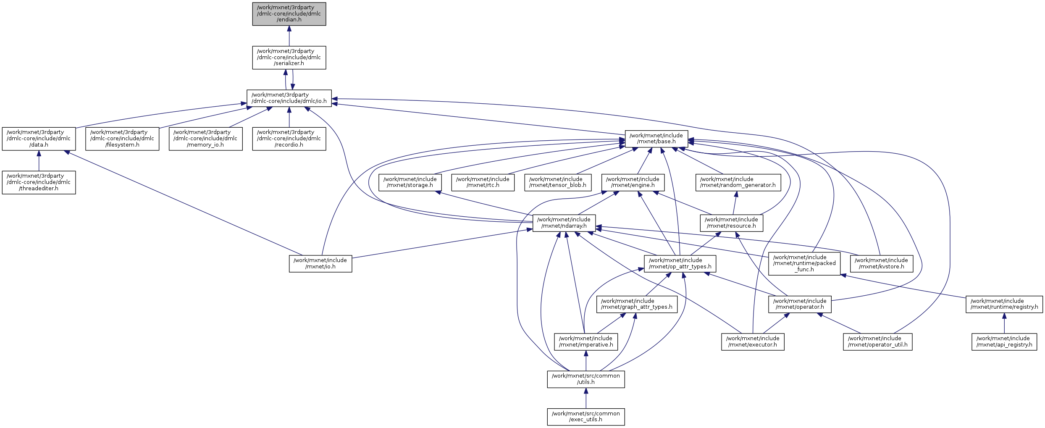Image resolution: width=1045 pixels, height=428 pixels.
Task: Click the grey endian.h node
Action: click(x=289, y=14)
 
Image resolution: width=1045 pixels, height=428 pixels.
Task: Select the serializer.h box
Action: click(x=289, y=58)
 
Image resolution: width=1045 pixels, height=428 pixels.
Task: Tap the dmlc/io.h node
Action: click(x=289, y=98)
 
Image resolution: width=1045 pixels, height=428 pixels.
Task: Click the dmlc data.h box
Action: click(x=39, y=139)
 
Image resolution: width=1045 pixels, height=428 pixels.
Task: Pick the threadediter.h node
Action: click(x=39, y=182)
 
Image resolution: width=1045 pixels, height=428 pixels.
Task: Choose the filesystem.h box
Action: click(x=122, y=139)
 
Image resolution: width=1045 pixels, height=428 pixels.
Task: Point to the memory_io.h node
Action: click(x=205, y=139)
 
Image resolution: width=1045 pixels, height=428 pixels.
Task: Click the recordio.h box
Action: click(x=289, y=139)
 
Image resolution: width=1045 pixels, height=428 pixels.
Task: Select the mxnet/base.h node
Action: click(x=656, y=139)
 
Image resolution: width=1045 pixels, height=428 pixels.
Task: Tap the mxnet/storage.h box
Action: click(x=410, y=182)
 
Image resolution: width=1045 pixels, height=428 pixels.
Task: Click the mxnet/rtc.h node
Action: click(x=483, y=182)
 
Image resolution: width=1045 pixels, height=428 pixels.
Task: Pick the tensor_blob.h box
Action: click(x=557, y=182)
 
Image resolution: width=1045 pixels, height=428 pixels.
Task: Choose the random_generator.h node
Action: click(x=738, y=182)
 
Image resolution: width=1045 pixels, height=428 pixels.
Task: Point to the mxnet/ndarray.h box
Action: click(x=564, y=223)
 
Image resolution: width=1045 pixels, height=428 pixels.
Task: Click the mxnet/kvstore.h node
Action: click(x=881, y=263)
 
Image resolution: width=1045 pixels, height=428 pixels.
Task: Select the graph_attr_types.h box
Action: click(x=637, y=304)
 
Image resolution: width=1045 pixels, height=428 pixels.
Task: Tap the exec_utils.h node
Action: click(x=586, y=417)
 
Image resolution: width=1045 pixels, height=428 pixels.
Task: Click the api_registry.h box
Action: click(x=1004, y=341)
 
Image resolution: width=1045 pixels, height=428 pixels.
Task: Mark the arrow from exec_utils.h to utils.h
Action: click(x=586, y=398)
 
